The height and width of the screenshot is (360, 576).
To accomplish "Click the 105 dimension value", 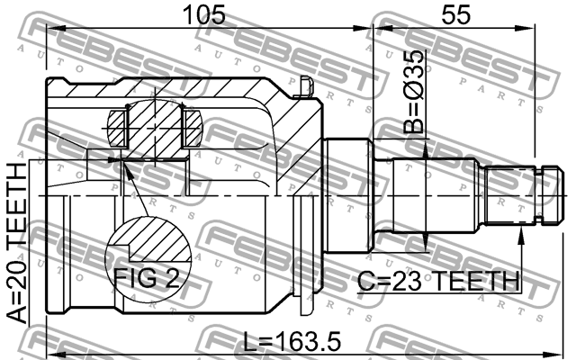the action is (x=204, y=14).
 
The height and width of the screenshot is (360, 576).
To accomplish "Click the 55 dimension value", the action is (x=455, y=14).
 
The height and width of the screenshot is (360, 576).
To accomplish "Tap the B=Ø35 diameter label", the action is (x=414, y=92).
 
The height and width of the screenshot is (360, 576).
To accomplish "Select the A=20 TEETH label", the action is (x=18, y=243).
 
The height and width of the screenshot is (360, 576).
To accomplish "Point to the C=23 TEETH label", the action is (x=438, y=282).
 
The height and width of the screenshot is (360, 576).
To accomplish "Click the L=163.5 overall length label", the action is (x=292, y=341).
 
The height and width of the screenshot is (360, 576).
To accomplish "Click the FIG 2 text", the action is (x=147, y=278).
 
